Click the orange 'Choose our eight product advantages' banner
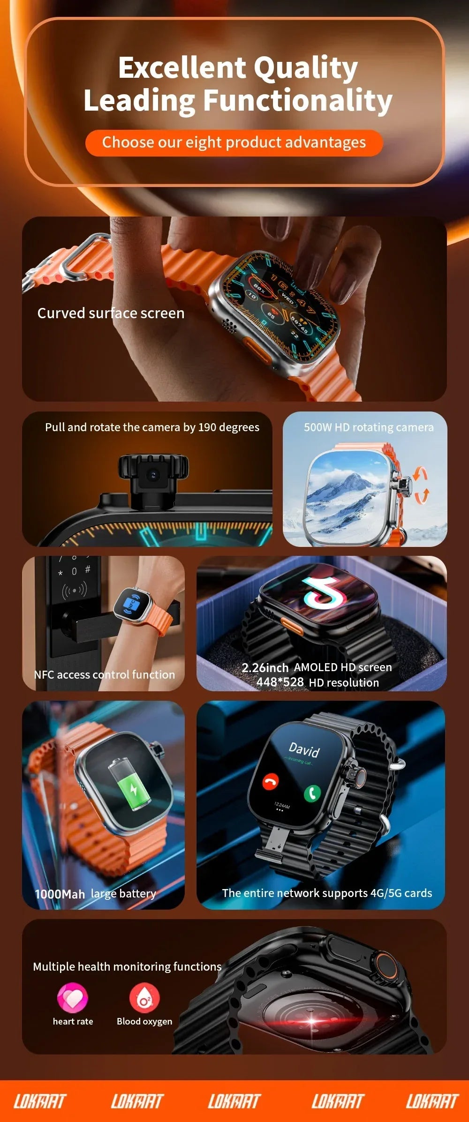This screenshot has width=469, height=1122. click(234, 142)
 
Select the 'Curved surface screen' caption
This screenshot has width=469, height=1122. click(111, 313)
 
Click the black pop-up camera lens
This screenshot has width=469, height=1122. click(153, 475)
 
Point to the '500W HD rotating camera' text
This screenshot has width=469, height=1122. click(369, 427)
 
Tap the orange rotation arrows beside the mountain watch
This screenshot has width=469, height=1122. click(421, 485)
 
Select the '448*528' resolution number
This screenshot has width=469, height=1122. click(280, 682)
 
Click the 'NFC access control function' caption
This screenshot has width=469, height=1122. click(104, 674)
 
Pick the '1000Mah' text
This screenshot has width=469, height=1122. click(60, 894)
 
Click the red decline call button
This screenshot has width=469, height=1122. click(270, 781)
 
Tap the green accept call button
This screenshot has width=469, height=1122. click(312, 793)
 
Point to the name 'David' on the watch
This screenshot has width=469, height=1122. click(304, 749)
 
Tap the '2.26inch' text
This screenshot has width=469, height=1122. click(265, 667)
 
